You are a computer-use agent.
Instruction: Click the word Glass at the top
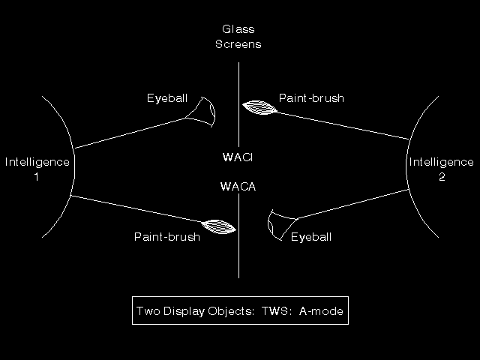[238, 29]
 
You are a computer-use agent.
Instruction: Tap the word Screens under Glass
[238, 44]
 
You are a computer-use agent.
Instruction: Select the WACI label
[238, 157]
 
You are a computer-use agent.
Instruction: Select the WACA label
[238, 187]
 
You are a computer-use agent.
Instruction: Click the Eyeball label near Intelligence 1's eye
[167, 98]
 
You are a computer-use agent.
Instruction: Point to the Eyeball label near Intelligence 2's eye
[311, 237]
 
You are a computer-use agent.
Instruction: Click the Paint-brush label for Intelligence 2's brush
[311, 98]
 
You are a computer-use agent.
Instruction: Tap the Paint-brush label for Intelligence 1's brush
[167, 237]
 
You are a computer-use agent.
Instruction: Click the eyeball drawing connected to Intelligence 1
[201, 112]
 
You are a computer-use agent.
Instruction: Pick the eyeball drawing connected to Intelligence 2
[282, 225]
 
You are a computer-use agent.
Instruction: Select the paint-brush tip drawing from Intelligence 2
[259, 107]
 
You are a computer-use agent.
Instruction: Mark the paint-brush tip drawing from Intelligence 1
[218, 226]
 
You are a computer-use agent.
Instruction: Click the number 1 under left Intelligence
[37, 177]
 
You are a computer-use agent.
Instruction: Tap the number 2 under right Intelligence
[442, 177]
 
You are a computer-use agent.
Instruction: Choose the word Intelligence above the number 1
[37, 162]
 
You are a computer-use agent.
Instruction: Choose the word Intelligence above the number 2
[442, 162]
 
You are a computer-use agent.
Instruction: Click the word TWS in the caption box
[274, 311]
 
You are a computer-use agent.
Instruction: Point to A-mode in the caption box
[321, 311]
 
